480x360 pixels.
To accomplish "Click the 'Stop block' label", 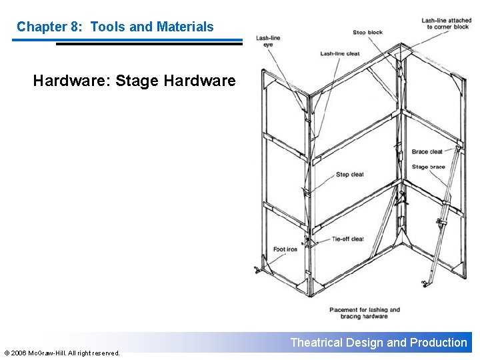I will coord(367,32).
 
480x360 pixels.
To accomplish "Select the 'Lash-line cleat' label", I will coord(339,53).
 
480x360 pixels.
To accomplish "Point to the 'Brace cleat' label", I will coord(427,152).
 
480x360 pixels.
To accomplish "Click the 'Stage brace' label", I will coord(428,167).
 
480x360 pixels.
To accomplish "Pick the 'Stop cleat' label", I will coord(349,175).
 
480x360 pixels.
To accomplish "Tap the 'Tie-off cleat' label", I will coord(347,239).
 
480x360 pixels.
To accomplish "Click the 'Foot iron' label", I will coord(285,249).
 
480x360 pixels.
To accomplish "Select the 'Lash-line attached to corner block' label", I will coord(446,23).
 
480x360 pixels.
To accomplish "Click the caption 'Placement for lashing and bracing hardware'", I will coord(365,313).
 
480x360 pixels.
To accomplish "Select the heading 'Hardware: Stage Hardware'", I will coord(134,81).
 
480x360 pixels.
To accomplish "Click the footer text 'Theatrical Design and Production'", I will coord(379,343).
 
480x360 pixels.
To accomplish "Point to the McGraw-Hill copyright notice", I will coord(61,353).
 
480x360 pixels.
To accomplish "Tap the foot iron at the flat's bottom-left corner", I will coord(257,269).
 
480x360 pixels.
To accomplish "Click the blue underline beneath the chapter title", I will coord(127,41).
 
